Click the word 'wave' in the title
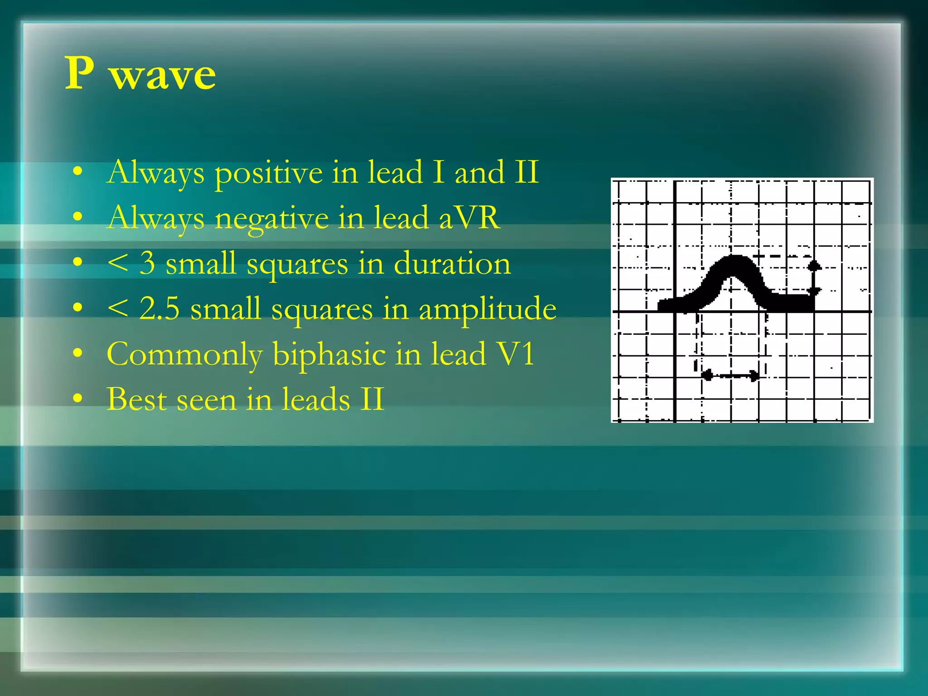click(x=163, y=75)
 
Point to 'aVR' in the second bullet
click(x=469, y=217)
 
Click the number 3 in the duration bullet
click(x=147, y=263)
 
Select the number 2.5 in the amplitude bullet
click(x=159, y=309)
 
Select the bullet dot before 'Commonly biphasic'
click(x=78, y=353)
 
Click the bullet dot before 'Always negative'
click(x=78, y=217)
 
